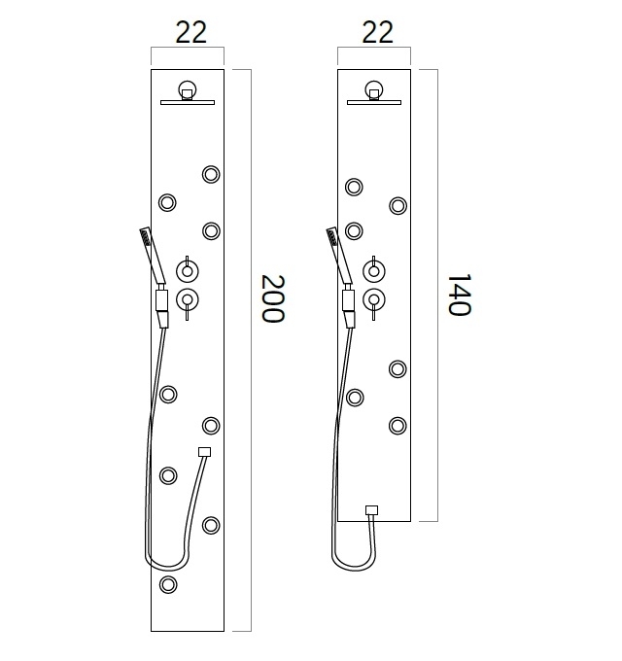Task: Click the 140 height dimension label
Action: tap(458, 293)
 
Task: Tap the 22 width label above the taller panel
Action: tap(190, 32)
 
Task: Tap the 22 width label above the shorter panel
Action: tap(376, 32)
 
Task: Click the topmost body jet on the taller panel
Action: tap(211, 175)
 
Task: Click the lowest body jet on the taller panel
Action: tap(168, 584)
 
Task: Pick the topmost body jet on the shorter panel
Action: tap(355, 187)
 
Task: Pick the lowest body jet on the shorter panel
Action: tap(397, 425)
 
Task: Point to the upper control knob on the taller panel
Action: tap(187, 270)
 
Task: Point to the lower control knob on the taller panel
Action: tap(188, 299)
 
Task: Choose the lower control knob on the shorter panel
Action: tap(373, 299)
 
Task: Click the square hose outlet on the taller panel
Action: tap(204, 451)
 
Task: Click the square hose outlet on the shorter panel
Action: tap(371, 510)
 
